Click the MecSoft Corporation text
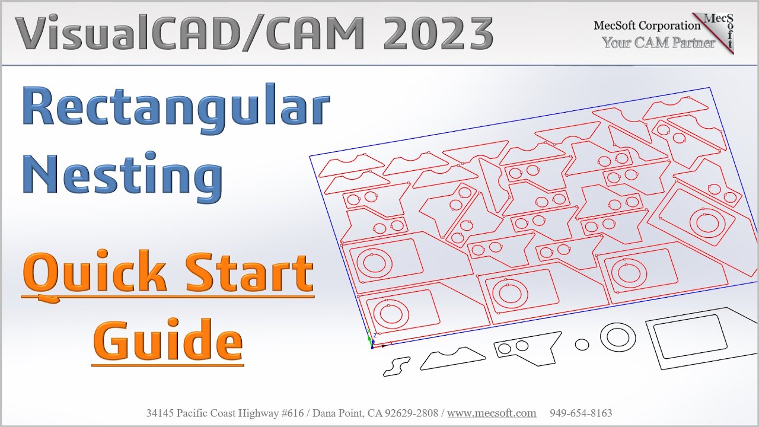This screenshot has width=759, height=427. coord(647,26)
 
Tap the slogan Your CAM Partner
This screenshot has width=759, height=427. coord(658,43)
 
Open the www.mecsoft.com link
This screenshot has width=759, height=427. coord(492,413)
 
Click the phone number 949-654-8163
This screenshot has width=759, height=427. coord(581,413)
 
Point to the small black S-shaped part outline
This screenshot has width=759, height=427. coord(397,367)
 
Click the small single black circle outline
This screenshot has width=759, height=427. coord(582,345)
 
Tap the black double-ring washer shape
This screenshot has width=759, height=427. coord(618,337)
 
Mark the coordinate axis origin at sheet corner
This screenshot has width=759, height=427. coord(372,345)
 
